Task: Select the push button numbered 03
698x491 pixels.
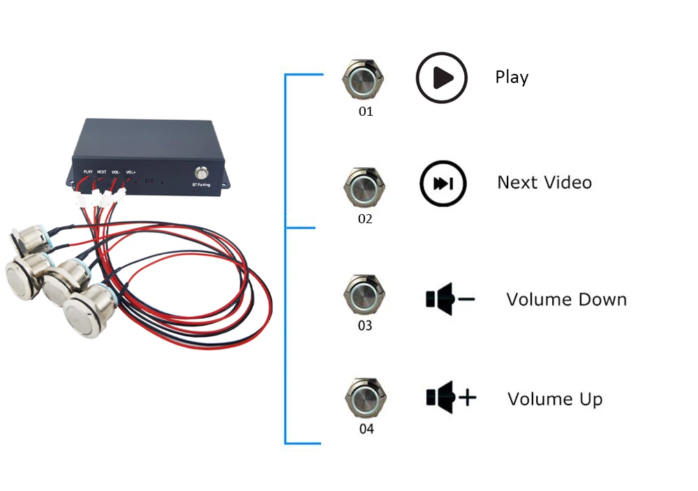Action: pyautogui.click(x=364, y=295)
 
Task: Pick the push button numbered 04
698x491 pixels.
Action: pyautogui.click(x=365, y=398)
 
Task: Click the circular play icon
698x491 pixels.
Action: pyautogui.click(x=441, y=78)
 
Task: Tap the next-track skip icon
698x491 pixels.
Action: pyautogui.click(x=442, y=184)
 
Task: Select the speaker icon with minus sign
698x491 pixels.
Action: pyautogui.click(x=450, y=299)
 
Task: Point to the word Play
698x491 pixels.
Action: pyautogui.click(x=512, y=77)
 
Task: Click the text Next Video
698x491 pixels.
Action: pyautogui.click(x=544, y=183)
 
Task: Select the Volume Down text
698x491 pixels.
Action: pyautogui.click(x=566, y=300)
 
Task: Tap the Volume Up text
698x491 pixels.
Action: pyautogui.click(x=555, y=400)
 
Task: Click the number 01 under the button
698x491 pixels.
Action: pyautogui.click(x=366, y=112)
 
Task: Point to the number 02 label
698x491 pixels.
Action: pyautogui.click(x=365, y=218)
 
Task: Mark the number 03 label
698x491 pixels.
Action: pyautogui.click(x=364, y=326)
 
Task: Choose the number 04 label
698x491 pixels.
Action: pyautogui.click(x=366, y=429)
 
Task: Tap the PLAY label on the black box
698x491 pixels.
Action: pyautogui.click(x=88, y=171)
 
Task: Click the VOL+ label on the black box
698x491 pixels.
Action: pyautogui.click(x=131, y=172)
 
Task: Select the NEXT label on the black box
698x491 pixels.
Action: pyautogui.click(x=102, y=171)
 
